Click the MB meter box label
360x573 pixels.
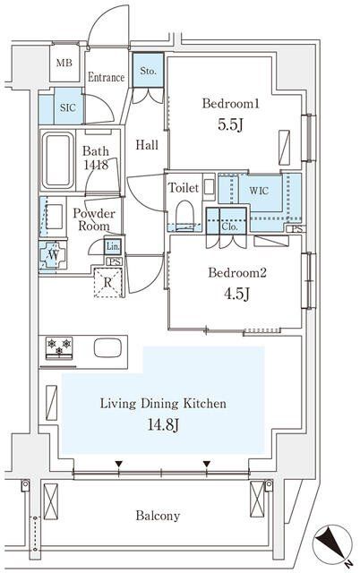click(64, 63)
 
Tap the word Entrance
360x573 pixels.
click(106, 77)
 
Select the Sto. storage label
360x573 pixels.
click(148, 71)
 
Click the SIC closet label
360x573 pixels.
click(68, 107)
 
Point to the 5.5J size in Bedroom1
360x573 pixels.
click(230, 125)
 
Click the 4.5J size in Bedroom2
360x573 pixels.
click(236, 294)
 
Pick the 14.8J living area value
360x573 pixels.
click(163, 424)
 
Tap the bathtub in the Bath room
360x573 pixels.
click(57, 160)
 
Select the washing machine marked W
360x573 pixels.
click(53, 255)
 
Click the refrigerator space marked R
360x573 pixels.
click(107, 282)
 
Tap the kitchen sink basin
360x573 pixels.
click(107, 348)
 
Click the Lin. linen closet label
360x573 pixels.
click(113, 247)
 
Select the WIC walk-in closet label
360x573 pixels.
click(259, 191)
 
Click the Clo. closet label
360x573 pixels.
click(229, 227)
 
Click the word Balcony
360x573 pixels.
click(158, 516)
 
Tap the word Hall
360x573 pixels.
click(147, 145)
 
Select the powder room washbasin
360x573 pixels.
click(55, 217)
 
